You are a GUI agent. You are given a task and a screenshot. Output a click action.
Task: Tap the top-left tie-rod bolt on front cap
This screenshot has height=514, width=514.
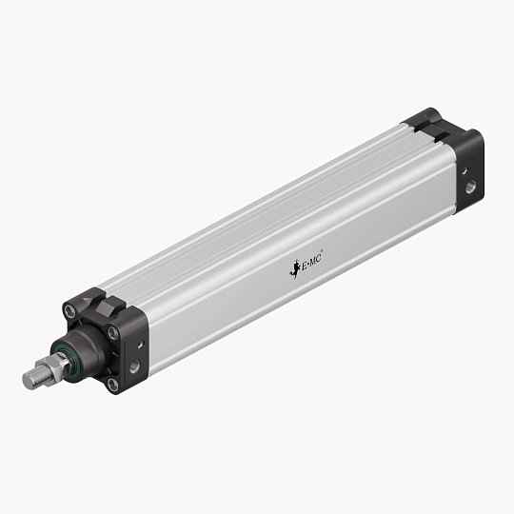(69, 310)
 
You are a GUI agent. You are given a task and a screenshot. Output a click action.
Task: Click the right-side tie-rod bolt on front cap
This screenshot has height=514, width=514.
(113, 333)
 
